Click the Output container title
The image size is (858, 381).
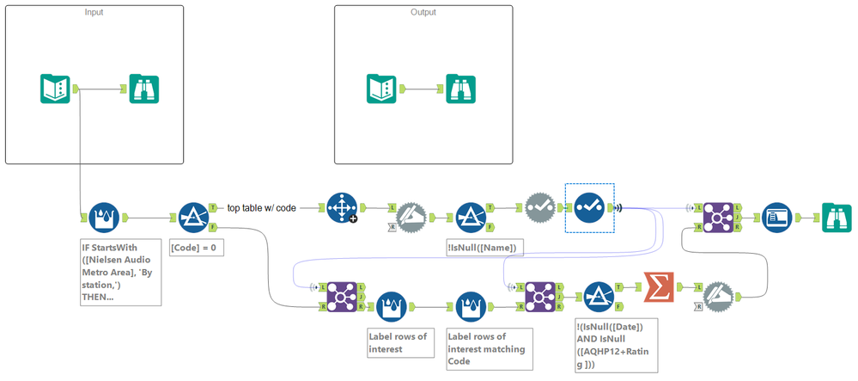tap(423, 13)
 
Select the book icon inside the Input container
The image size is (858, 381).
tap(56, 89)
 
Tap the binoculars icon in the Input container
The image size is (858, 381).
tap(144, 89)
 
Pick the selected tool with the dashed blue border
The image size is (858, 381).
tap(589, 206)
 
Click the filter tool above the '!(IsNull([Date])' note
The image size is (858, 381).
tap(598, 295)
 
